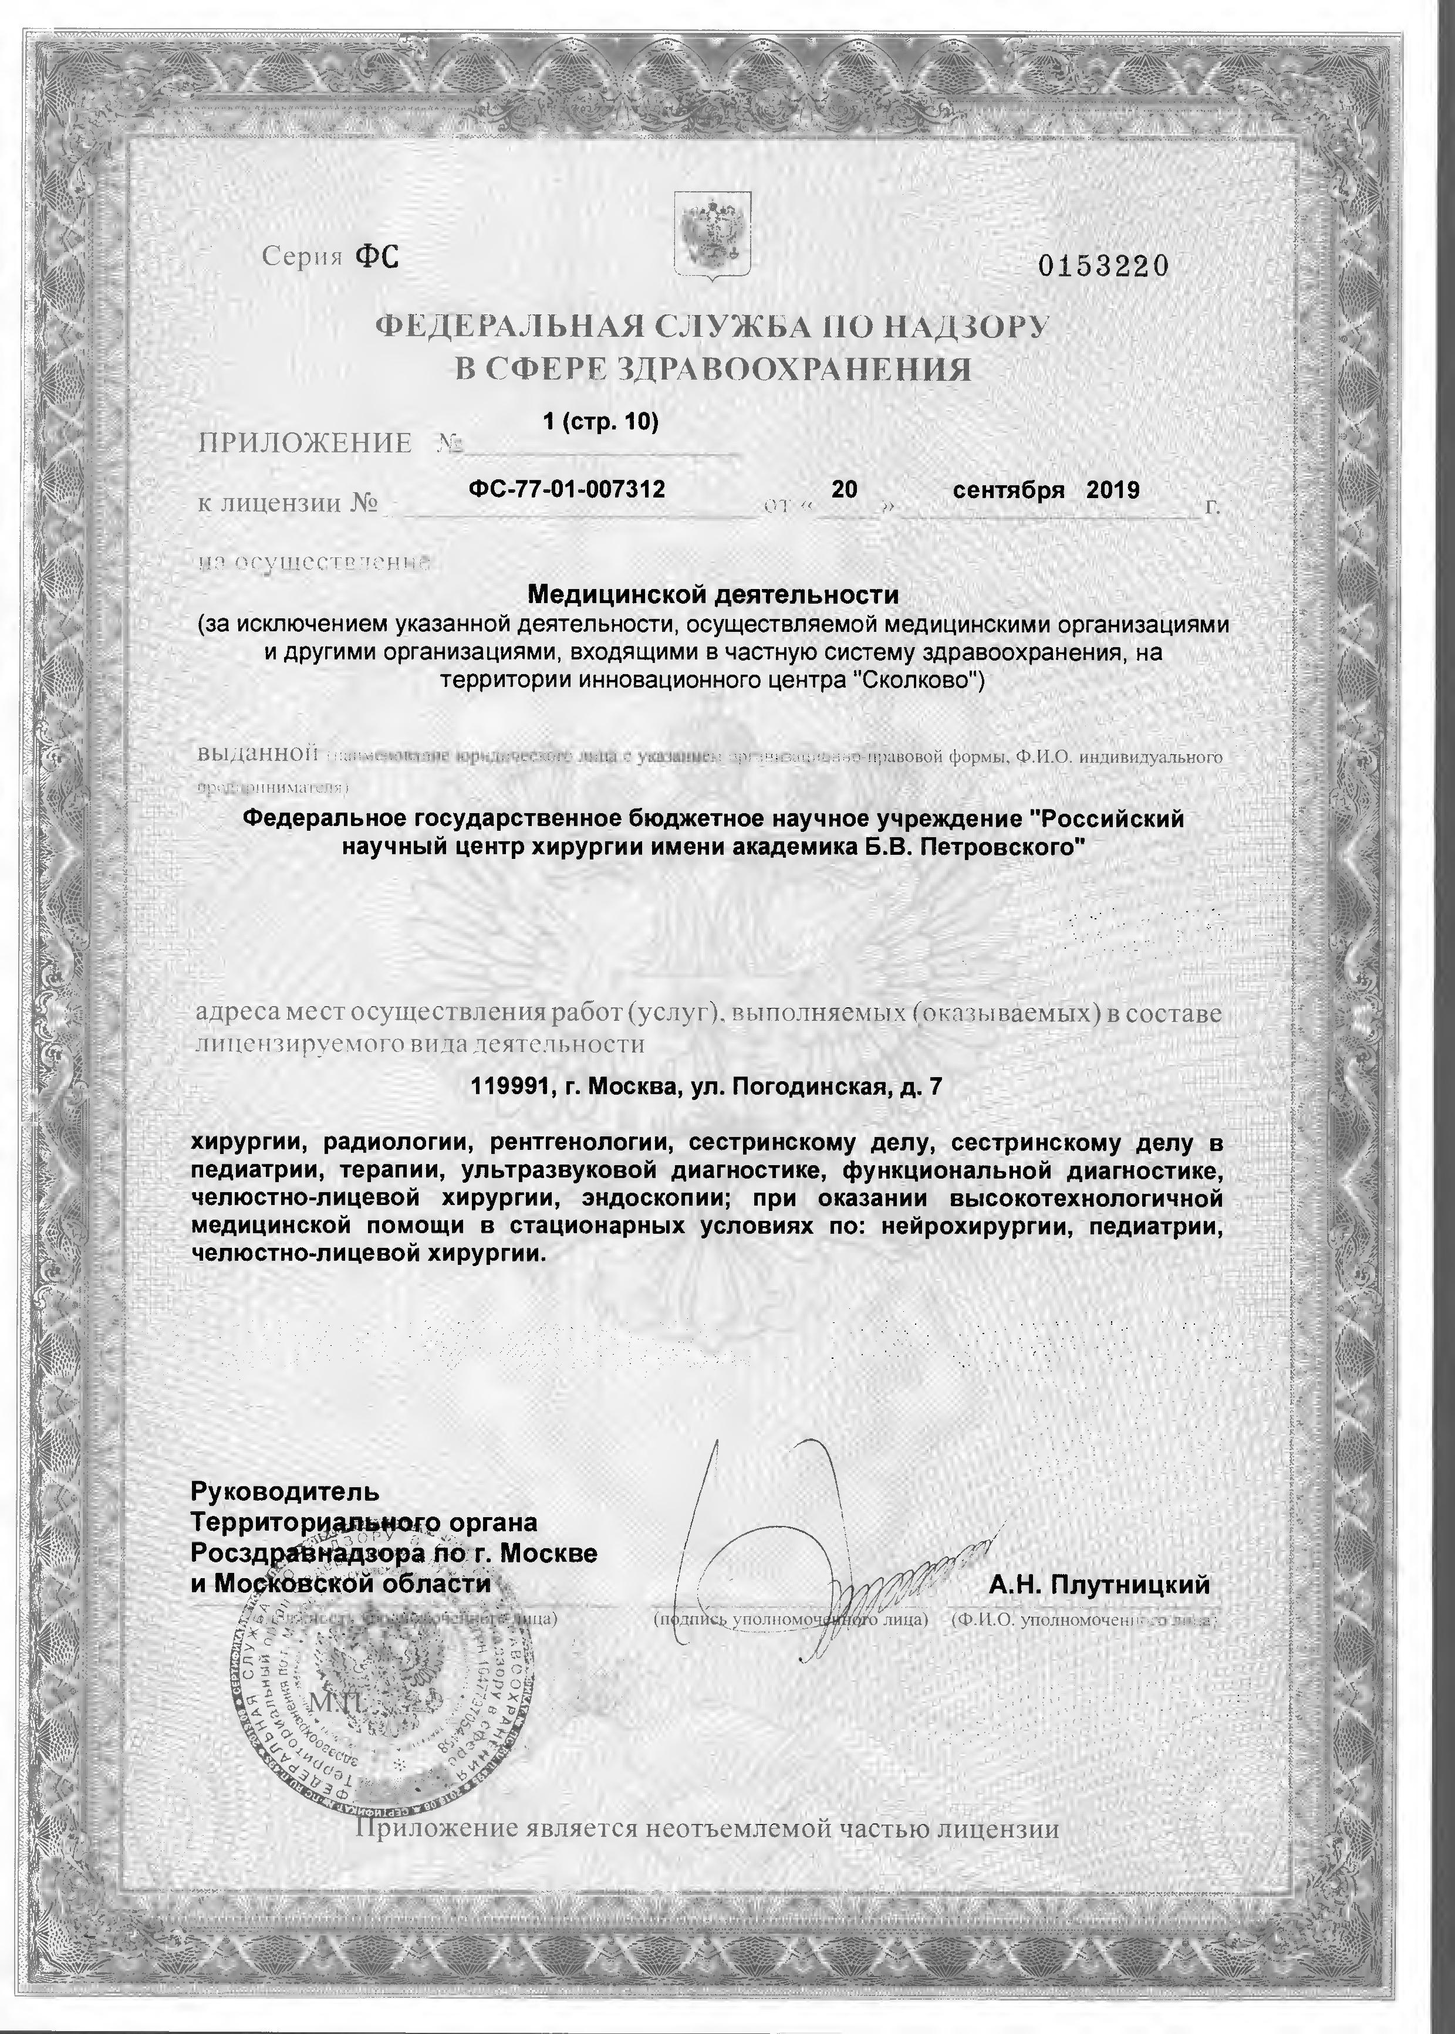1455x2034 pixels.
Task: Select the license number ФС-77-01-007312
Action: tap(566, 489)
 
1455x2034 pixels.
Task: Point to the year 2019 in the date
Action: tap(1113, 490)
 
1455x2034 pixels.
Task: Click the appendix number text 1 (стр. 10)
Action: tap(600, 421)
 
